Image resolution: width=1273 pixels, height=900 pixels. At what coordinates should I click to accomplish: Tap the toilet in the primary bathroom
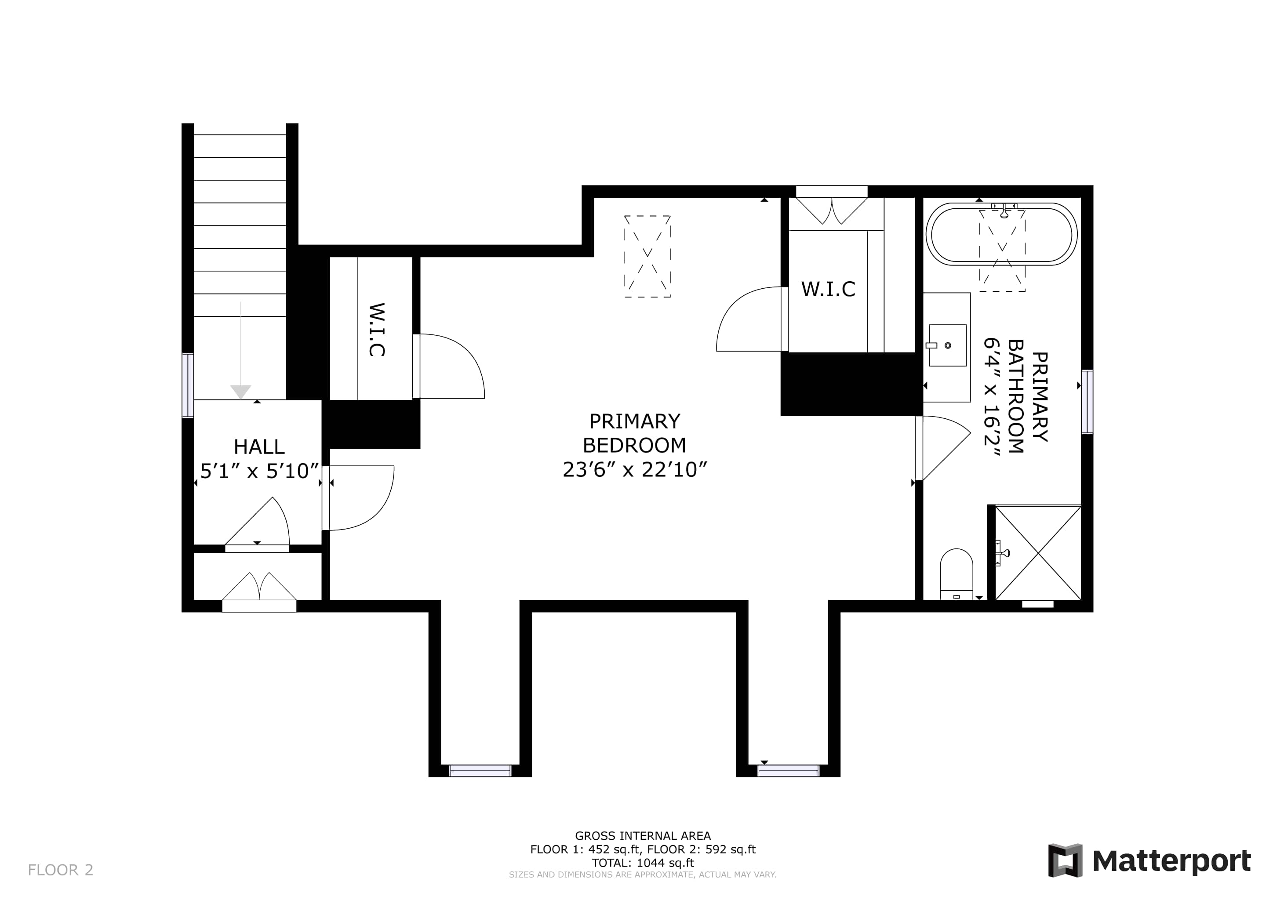click(957, 574)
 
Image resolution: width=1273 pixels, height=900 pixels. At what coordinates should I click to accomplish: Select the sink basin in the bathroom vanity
click(948, 345)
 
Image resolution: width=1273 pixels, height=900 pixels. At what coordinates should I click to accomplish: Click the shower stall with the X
click(1038, 552)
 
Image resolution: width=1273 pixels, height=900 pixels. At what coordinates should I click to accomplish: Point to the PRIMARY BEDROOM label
click(634, 433)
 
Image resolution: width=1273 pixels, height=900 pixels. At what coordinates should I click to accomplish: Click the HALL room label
click(259, 446)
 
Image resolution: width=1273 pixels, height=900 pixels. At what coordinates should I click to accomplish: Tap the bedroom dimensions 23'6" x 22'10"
click(634, 469)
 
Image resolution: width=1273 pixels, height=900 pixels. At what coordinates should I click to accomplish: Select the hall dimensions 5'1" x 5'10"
click(259, 471)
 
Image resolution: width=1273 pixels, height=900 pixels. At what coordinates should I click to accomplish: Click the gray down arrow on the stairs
click(240, 350)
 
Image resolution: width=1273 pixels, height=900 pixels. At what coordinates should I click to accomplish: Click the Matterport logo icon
click(1065, 860)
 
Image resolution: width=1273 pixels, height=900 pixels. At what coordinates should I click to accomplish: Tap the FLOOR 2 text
click(60, 870)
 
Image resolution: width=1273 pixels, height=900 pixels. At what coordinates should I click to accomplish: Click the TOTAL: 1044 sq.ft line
click(643, 863)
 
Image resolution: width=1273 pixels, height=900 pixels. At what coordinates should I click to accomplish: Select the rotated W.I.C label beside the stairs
click(376, 329)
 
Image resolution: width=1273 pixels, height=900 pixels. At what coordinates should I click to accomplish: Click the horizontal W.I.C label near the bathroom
click(828, 289)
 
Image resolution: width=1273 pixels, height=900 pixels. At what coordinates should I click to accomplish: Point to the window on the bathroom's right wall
click(1087, 402)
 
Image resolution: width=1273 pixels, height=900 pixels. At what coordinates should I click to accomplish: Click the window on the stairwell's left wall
click(188, 385)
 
